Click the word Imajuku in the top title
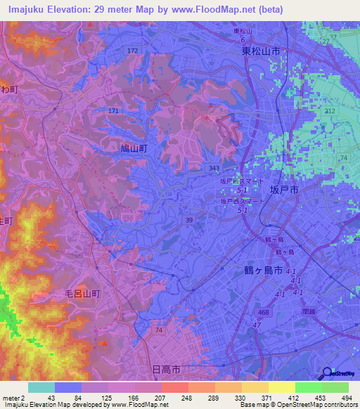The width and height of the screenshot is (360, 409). click(x=31, y=8)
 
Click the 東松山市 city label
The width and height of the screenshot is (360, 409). click(x=261, y=51)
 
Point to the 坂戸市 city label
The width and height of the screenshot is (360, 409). click(x=285, y=190)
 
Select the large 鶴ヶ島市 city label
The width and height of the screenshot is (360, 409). click(x=258, y=271)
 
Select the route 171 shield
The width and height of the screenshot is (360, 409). click(x=114, y=111)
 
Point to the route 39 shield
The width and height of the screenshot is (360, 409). click(x=189, y=220)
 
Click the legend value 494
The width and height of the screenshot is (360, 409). click(x=347, y=398)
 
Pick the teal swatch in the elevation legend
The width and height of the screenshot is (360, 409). click(x=41, y=387)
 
